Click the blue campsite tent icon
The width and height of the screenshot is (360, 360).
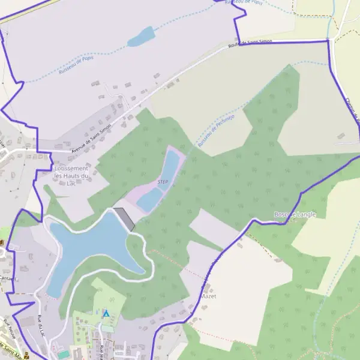[106, 313]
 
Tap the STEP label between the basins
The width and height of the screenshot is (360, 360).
[163, 181]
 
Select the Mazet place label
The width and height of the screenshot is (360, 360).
[208, 296]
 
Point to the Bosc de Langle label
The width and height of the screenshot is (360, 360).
[294, 214]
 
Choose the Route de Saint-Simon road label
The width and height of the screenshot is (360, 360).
[250, 44]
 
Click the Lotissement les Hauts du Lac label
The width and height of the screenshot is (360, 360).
[71, 176]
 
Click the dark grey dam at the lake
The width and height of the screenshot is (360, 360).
[124, 218]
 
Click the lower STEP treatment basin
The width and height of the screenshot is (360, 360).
[149, 199]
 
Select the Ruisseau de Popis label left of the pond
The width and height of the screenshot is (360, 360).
[76, 65]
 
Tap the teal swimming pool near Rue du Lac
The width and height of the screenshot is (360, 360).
[63, 354]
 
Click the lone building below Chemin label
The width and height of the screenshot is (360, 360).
[341, 135]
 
